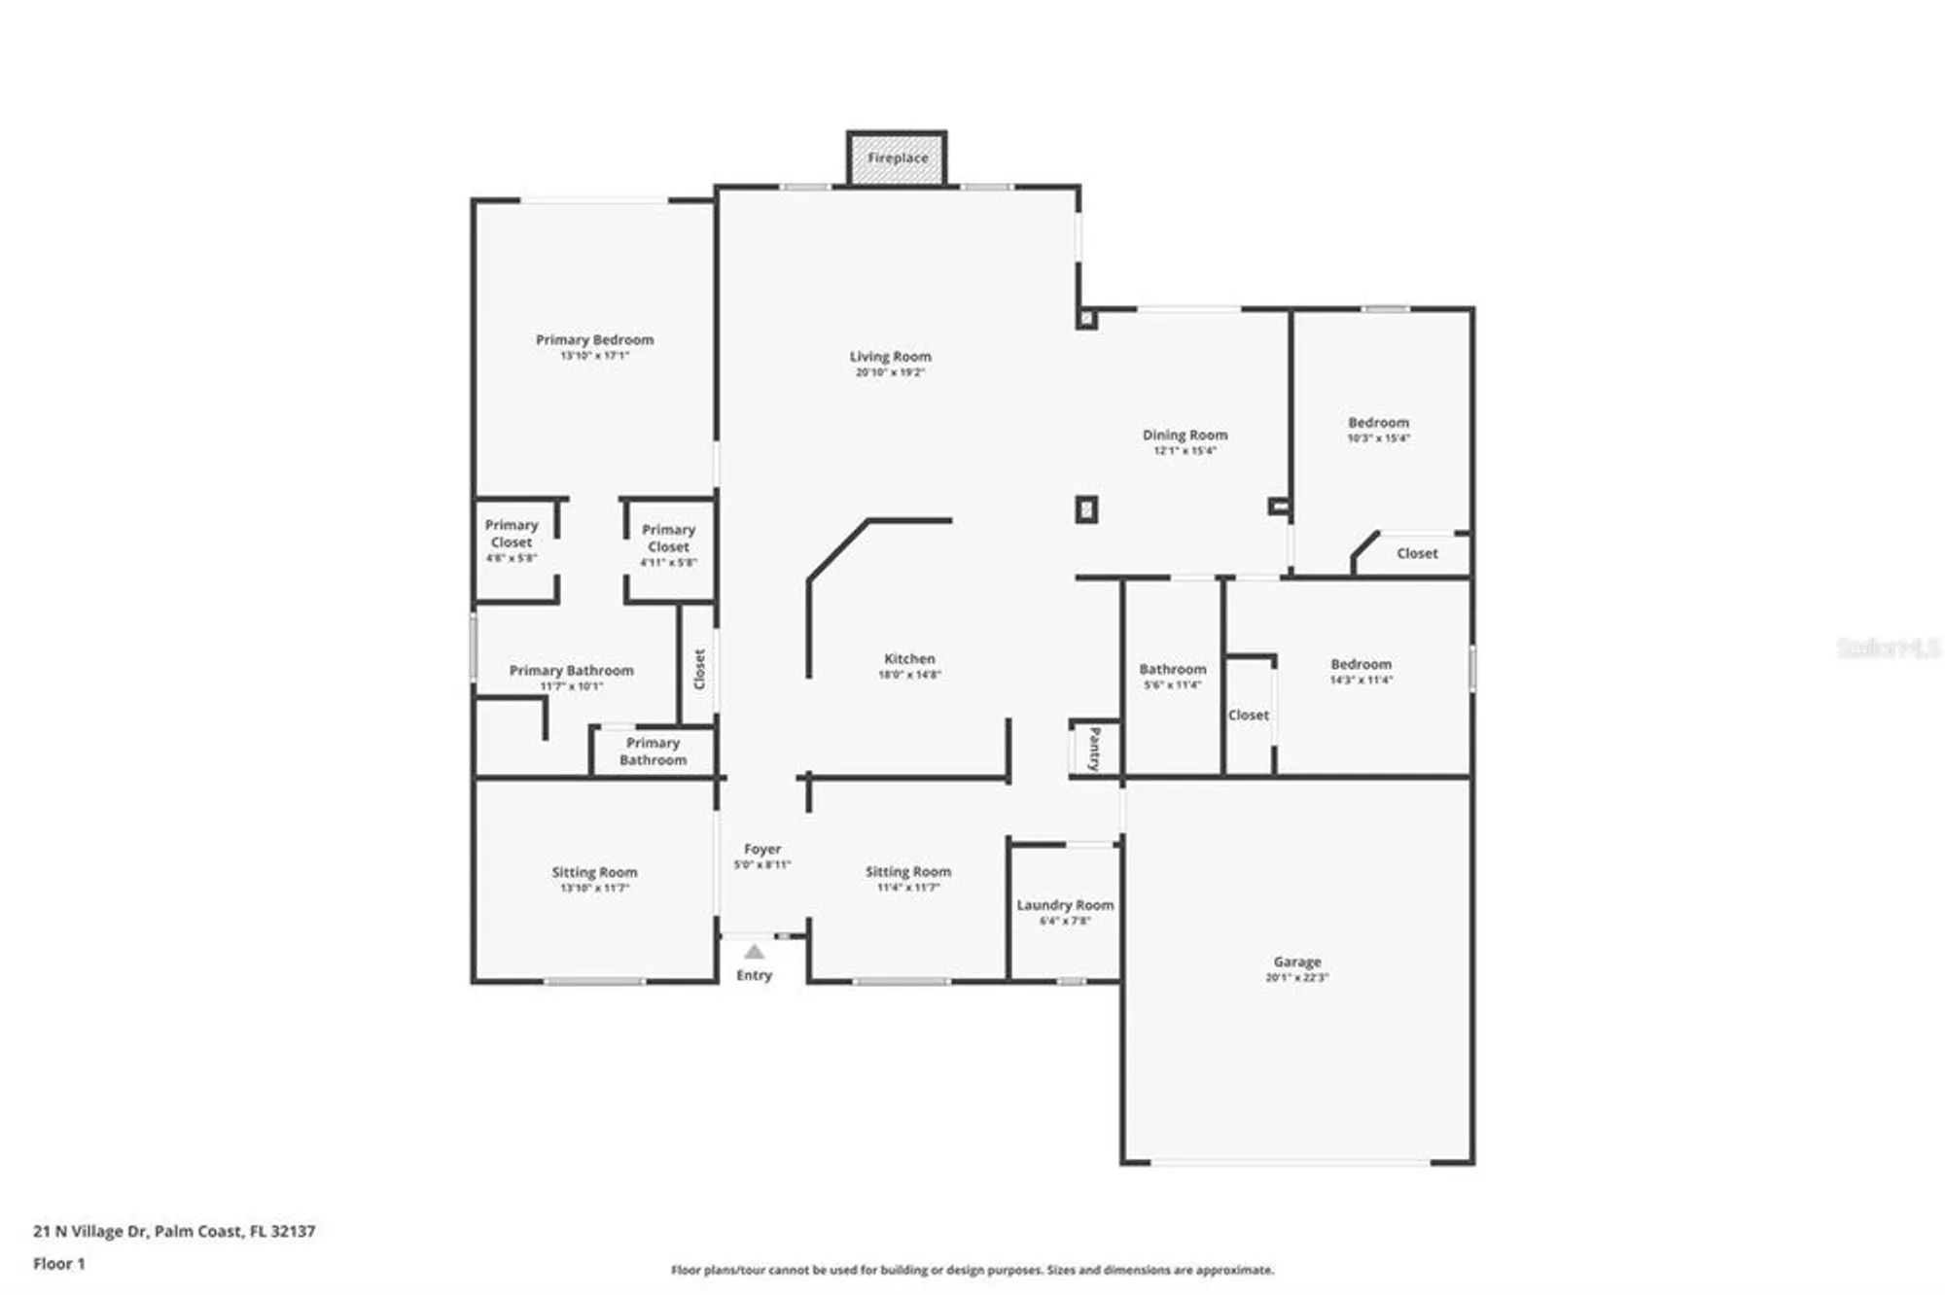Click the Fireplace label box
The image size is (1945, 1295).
[897, 158]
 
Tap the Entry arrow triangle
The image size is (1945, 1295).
[754, 952]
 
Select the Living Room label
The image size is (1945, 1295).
[890, 357]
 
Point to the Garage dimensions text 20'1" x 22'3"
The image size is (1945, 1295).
[1296, 978]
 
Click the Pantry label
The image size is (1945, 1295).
[1095, 749]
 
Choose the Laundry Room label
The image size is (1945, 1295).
[1065, 905]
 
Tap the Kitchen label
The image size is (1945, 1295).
[909, 659]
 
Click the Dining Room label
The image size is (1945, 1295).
[1185, 436]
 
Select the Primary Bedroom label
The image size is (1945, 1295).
[594, 340]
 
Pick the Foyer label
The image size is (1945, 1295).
[762, 850]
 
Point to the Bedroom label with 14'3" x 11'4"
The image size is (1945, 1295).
[1361, 665]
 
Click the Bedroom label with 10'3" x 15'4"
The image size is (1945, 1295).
[1378, 423]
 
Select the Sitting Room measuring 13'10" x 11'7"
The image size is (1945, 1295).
[594, 873]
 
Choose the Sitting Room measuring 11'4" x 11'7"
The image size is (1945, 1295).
[908, 872]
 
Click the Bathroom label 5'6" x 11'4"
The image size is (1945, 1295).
[1172, 670]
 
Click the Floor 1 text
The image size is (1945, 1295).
[59, 1264]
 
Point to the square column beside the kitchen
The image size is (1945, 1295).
[1086, 509]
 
